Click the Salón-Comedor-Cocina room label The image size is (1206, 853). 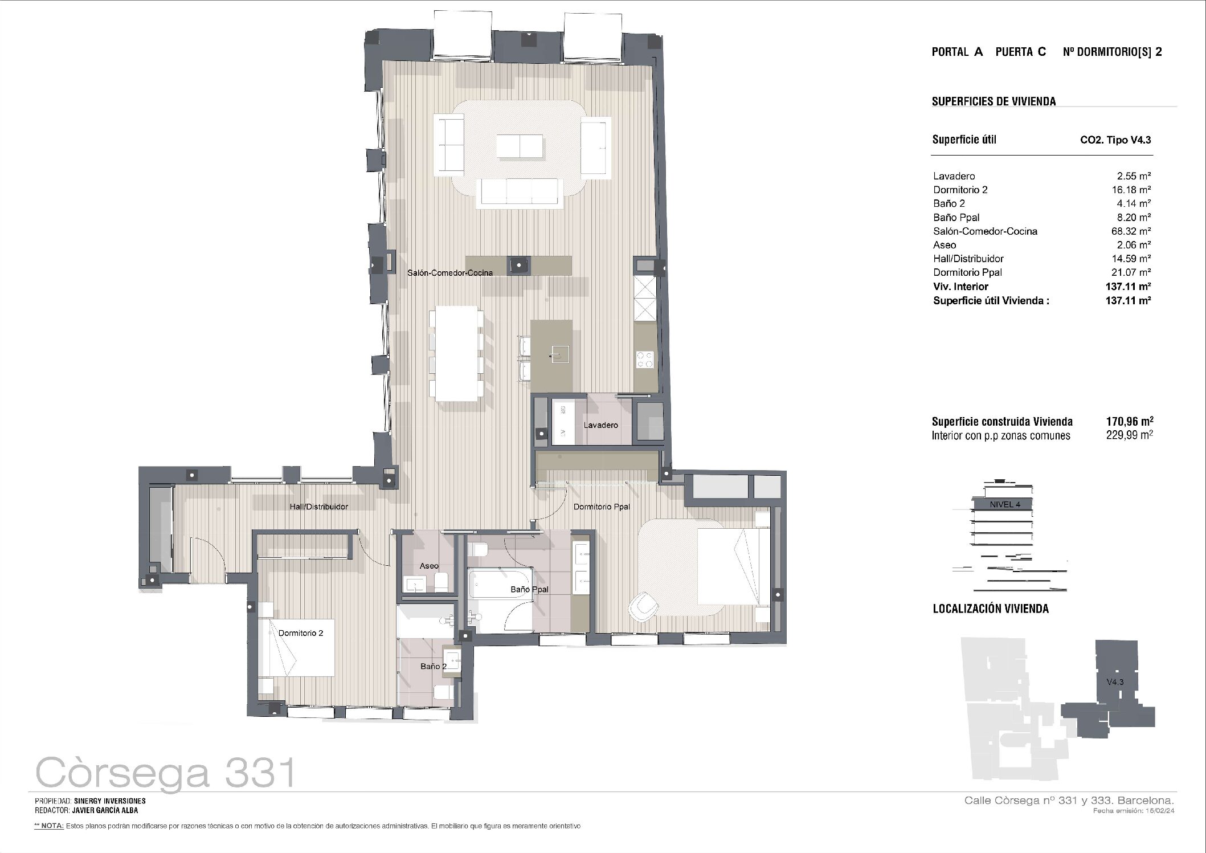coord(450,273)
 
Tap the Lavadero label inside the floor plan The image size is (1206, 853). coord(600,425)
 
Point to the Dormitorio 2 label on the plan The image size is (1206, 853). coord(301,633)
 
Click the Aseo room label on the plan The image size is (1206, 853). coord(429,566)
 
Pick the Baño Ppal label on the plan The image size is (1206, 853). coord(529,590)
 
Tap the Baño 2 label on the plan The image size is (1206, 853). coord(434,666)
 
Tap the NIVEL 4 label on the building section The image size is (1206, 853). coord(1005,504)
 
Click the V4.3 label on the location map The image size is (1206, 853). coord(1115,682)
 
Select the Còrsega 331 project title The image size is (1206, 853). coord(166,773)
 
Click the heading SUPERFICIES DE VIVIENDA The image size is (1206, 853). coord(994,101)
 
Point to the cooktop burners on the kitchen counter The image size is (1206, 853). coord(645,360)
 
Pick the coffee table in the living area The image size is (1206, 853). coord(520,146)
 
